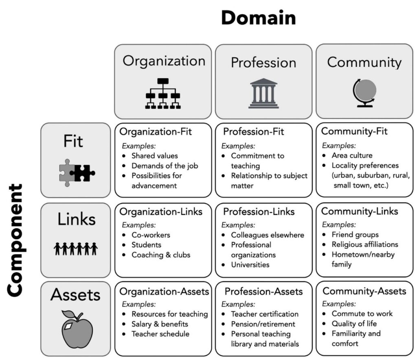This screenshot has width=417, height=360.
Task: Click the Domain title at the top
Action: coord(259,17)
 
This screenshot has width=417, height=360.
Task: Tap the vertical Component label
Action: coord(15,240)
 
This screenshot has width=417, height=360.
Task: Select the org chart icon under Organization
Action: coord(163,94)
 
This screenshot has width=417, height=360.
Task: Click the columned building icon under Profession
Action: coord(263,93)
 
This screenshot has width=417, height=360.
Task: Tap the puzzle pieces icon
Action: coord(77,173)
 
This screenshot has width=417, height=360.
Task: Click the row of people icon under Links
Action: coord(76,249)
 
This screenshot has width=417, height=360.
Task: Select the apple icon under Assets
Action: coord(77,329)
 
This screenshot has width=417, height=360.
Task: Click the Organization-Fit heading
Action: coord(156,131)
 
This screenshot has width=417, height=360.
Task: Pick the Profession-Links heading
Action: coord(259,212)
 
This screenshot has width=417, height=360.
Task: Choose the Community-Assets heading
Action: coord(364,291)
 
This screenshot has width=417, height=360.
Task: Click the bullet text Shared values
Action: coord(154,156)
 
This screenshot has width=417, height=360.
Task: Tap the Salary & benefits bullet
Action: coord(160,324)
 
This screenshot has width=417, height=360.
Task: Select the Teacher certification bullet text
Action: coord(265,314)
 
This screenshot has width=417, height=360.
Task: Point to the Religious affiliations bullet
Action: coord(365,244)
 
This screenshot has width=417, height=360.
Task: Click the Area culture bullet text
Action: coord(352,155)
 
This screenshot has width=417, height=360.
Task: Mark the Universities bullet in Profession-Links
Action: coord(250,265)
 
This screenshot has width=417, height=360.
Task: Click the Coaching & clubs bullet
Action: coord(161,255)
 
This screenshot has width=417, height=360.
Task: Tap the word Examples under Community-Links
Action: coord(339,225)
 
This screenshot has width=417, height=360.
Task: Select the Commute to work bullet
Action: coord(362,314)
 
